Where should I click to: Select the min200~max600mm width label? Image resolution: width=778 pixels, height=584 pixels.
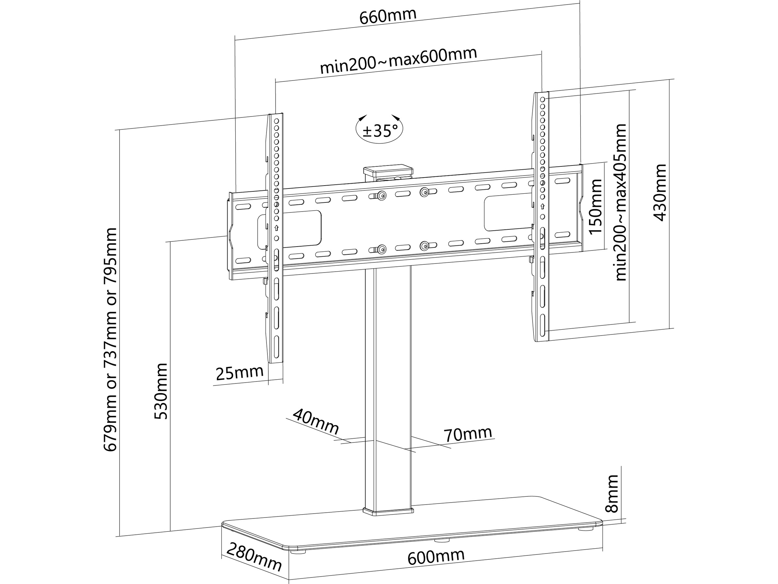398,61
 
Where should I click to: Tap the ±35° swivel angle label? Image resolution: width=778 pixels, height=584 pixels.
380,131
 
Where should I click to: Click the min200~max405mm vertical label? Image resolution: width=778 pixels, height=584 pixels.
621,202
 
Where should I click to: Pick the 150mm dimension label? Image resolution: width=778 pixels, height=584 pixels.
595,207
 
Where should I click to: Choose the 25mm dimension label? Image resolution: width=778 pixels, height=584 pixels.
240,373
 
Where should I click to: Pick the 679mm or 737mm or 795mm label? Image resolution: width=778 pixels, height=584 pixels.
111,340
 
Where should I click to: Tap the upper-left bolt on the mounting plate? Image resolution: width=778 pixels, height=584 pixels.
381,195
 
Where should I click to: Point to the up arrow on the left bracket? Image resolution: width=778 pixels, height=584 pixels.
277,227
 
